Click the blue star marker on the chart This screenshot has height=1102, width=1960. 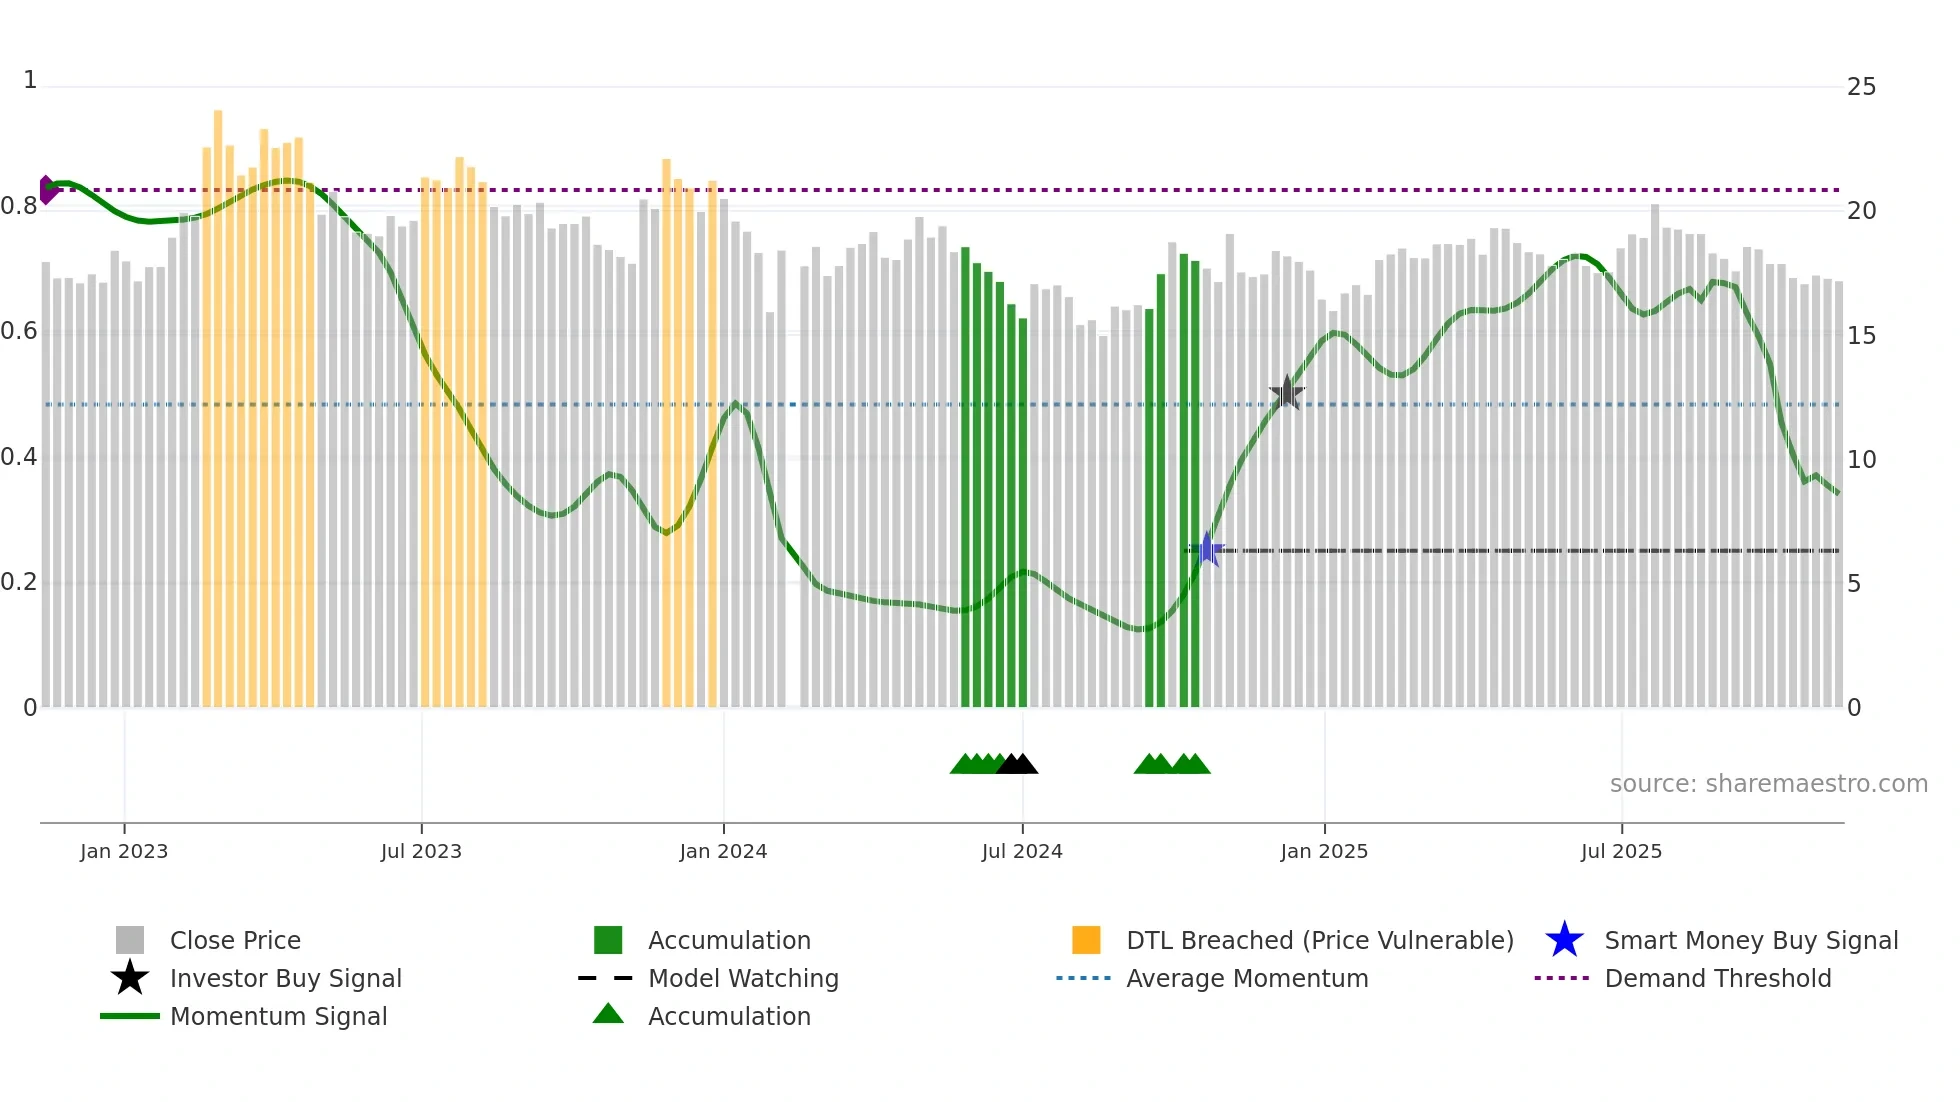click(1208, 549)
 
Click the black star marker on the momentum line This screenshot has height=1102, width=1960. click(1287, 393)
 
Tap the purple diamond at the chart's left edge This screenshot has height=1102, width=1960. click(47, 190)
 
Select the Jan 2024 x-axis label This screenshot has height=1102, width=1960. click(723, 851)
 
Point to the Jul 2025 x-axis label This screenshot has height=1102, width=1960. click(1621, 851)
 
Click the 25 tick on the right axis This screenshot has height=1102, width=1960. click(1861, 87)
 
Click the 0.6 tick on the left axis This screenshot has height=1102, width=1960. click(19, 331)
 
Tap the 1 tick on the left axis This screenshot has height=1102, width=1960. click(30, 80)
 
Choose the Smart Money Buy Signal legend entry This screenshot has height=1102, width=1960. click(1750, 940)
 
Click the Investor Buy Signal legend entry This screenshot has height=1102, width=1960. click(285, 978)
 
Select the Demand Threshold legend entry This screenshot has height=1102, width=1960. click(1717, 978)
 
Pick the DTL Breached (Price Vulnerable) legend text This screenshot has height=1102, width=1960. click(1319, 940)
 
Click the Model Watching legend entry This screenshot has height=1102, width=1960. click(742, 978)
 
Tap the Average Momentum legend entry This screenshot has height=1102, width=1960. click(1246, 978)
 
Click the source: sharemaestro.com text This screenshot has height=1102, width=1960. click(1768, 784)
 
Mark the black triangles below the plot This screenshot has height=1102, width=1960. click(1017, 764)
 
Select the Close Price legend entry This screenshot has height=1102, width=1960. click(234, 940)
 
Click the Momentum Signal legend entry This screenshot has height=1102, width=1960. click(278, 1016)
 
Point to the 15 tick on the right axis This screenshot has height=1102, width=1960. click(1861, 336)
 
